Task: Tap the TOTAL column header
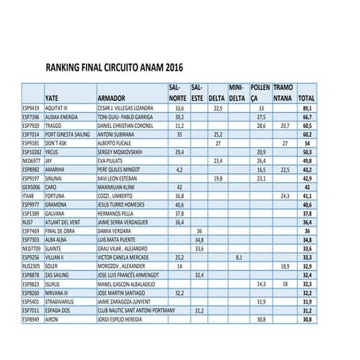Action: tap(305, 98)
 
